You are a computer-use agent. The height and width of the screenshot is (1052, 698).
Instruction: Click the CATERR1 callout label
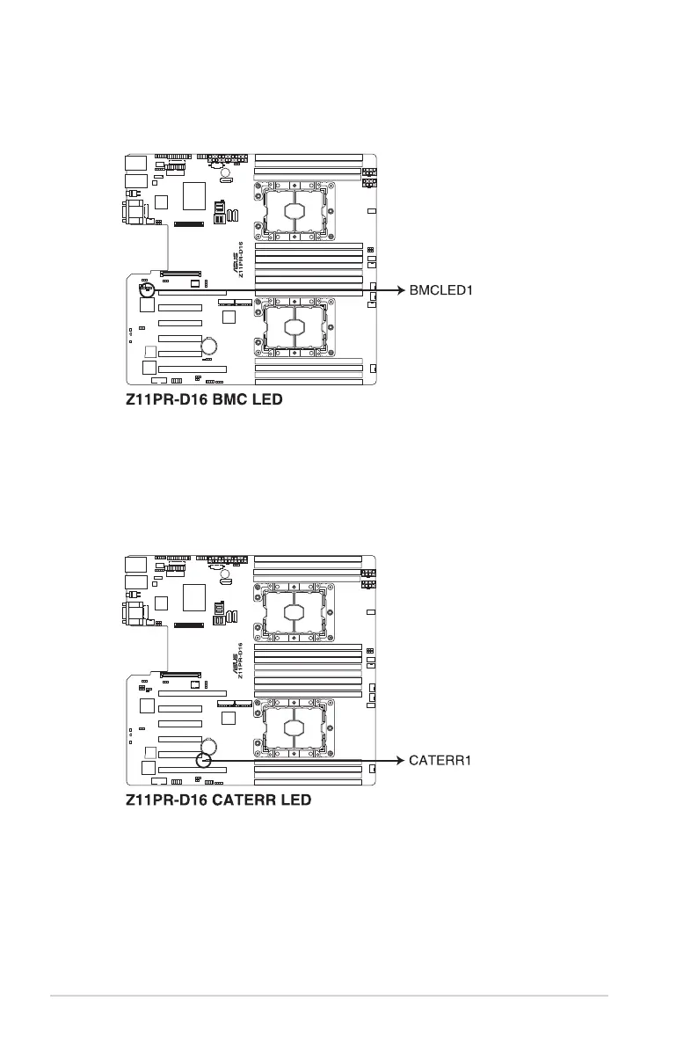tap(441, 760)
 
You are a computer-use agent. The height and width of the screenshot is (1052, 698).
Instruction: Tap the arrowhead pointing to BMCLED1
tap(400, 289)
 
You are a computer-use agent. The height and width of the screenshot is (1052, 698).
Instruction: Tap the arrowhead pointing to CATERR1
tap(400, 760)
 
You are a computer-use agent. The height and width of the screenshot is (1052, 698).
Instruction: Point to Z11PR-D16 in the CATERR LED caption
tap(163, 801)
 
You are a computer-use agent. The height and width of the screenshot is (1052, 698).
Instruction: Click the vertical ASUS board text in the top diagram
tap(237, 259)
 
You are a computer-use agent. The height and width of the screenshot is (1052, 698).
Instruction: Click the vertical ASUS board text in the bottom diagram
tap(237, 661)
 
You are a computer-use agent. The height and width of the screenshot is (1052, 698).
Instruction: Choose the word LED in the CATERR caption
tap(296, 801)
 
